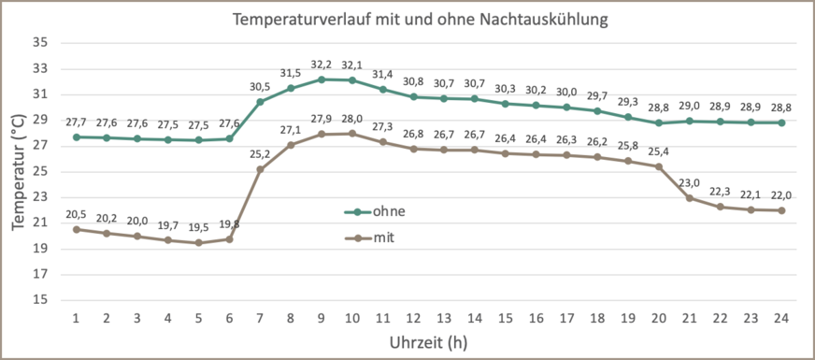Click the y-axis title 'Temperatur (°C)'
click(18, 172)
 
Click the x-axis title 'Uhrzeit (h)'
click(428, 342)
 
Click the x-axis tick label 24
click(781, 318)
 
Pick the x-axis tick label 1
click(76, 318)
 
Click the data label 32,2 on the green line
click(322, 65)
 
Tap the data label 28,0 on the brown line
click(351, 119)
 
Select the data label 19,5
click(198, 228)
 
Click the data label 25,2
click(260, 154)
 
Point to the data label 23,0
click(689, 183)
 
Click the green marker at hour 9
click(322, 79)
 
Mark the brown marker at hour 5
click(198, 243)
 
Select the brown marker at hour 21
click(689, 198)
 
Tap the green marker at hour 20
click(658, 122)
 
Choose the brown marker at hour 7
click(260, 169)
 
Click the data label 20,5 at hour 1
click(76, 215)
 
